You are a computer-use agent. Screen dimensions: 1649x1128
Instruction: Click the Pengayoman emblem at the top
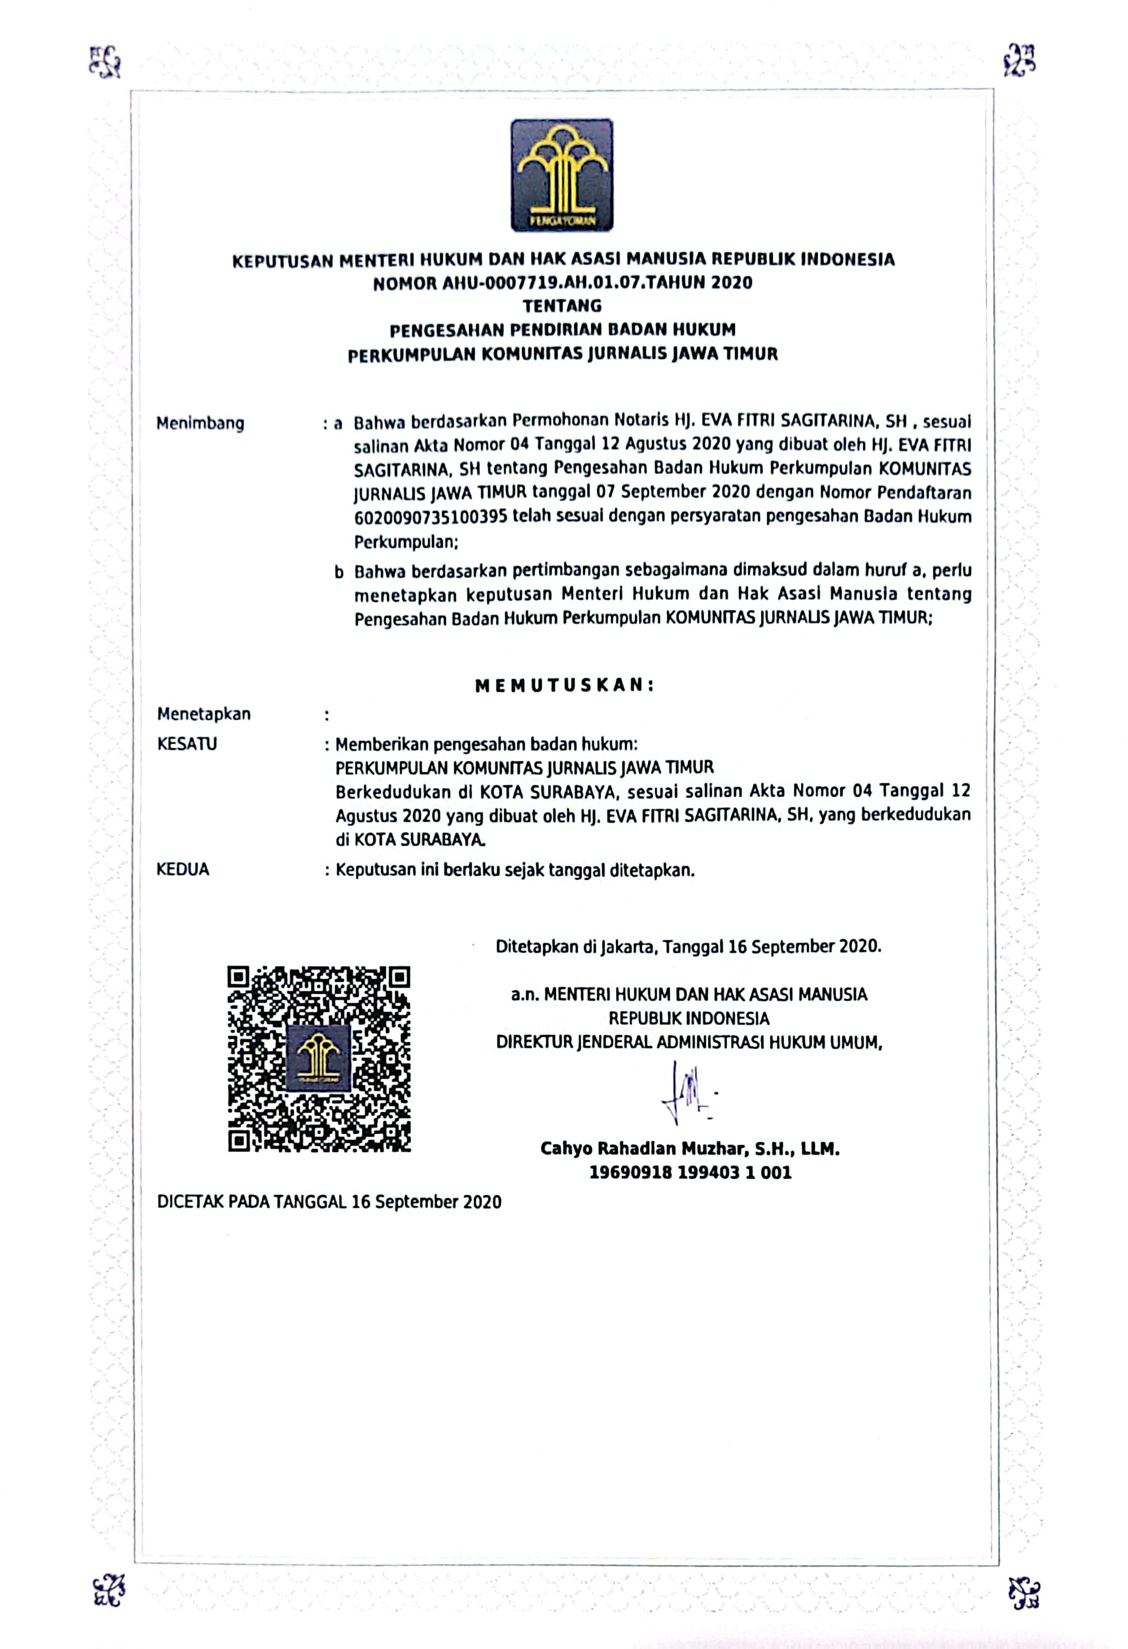(x=562, y=175)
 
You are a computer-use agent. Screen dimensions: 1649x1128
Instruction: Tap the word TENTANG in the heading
(x=562, y=306)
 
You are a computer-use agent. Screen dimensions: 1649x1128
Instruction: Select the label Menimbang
(x=200, y=424)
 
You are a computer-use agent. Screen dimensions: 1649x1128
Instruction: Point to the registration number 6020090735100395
(x=431, y=517)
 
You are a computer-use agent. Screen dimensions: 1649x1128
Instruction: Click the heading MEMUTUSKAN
(x=564, y=685)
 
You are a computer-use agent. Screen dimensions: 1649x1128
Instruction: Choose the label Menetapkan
(x=204, y=714)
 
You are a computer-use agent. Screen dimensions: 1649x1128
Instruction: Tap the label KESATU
(x=187, y=744)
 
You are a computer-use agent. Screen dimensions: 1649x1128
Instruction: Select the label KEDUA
(x=182, y=869)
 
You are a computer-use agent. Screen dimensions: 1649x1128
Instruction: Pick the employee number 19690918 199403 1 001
(x=690, y=1172)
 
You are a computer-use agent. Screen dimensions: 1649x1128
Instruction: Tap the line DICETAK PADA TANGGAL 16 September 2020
(x=329, y=1202)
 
